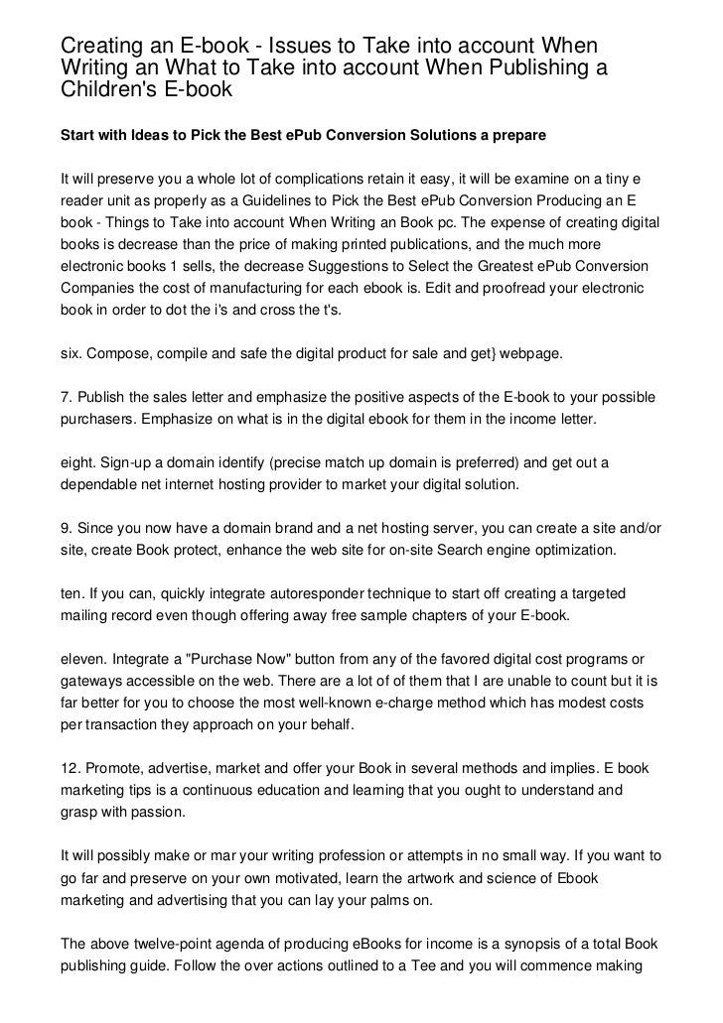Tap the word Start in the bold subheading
click(79, 133)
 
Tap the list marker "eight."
click(80, 462)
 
